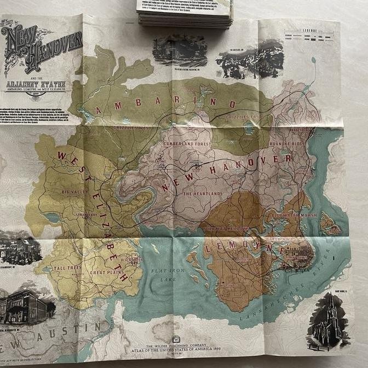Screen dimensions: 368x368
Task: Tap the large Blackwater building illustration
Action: (26, 304)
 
